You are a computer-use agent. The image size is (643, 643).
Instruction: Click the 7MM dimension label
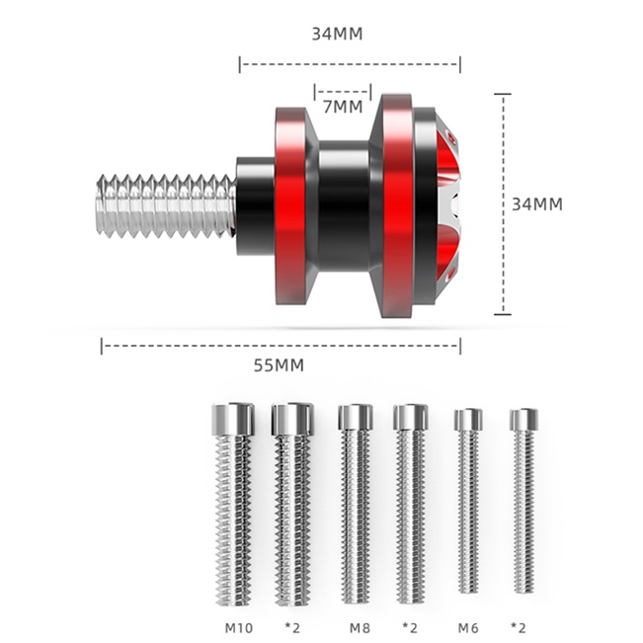(x=343, y=107)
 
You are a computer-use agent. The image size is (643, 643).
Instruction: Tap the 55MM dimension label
(x=279, y=365)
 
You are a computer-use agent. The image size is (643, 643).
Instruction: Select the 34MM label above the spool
(x=337, y=34)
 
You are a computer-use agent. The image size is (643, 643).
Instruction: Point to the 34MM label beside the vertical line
(x=537, y=204)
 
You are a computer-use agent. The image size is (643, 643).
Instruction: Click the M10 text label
(x=239, y=628)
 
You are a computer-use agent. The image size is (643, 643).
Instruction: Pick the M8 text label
(x=360, y=628)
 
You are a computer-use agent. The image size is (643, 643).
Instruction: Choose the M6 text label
(x=468, y=628)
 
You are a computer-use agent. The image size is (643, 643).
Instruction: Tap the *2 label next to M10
(x=292, y=627)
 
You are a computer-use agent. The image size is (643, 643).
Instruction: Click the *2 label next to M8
(x=410, y=627)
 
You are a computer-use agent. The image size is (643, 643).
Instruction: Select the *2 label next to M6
(x=518, y=627)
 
